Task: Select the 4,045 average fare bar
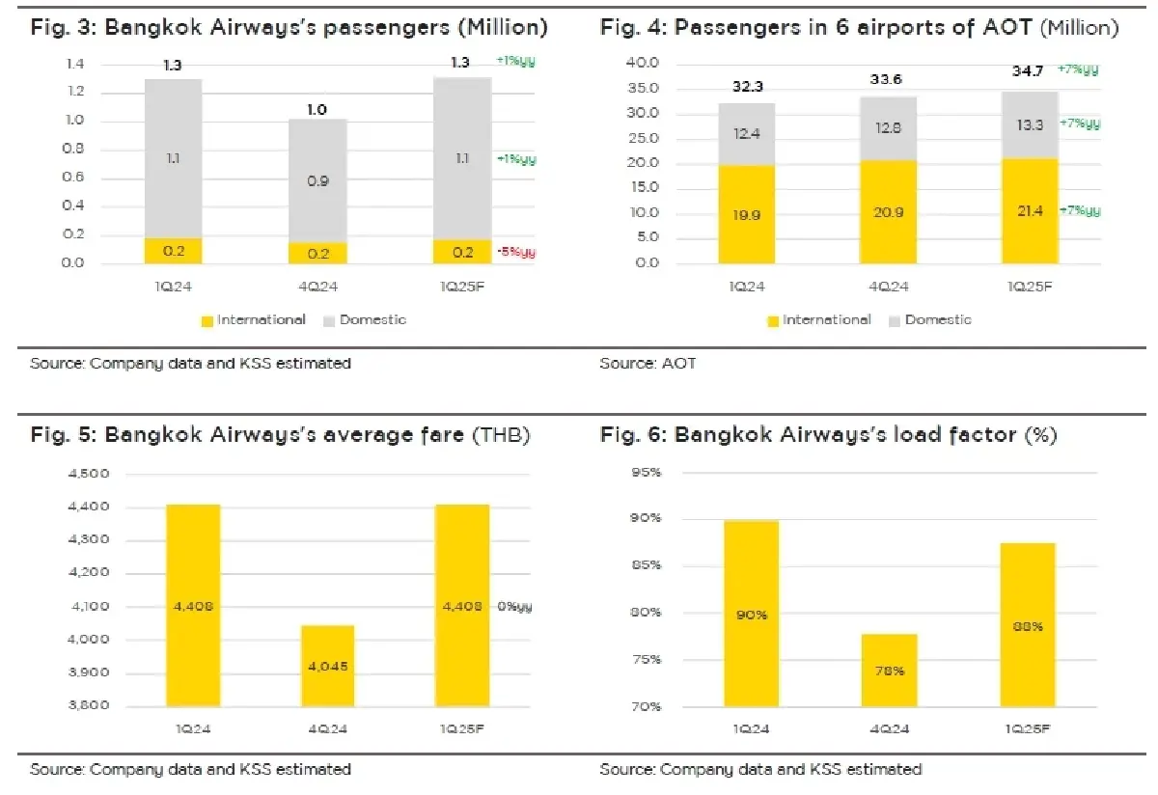pos(326,665)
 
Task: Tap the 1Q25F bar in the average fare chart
pos(461,605)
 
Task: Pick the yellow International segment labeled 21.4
pos(1030,210)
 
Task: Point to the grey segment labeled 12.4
pos(746,134)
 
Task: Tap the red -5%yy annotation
pos(515,253)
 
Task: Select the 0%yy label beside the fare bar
pos(514,607)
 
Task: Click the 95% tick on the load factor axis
pos(645,472)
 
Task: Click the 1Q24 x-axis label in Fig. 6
pos(751,726)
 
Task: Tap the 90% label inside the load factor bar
pos(752,615)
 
